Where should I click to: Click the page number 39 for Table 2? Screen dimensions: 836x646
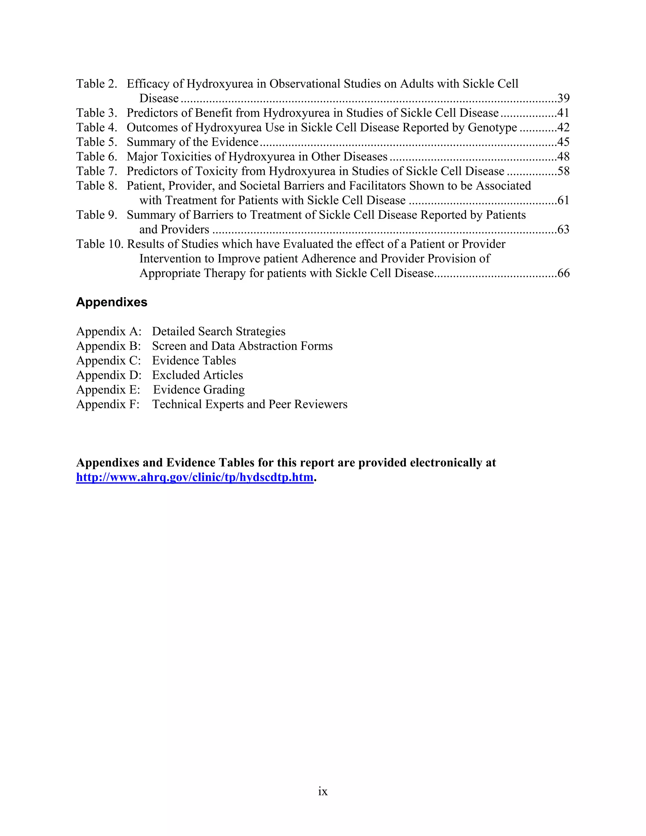(x=563, y=98)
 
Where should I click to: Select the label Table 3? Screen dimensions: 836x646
(x=97, y=113)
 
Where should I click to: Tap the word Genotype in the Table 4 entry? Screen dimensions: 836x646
(x=492, y=127)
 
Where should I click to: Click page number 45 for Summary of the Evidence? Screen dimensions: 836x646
(x=563, y=142)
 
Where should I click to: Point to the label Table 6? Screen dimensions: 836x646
(x=97, y=156)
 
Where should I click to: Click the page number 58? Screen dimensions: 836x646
(x=563, y=171)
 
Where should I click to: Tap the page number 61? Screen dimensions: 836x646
(x=563, y=200)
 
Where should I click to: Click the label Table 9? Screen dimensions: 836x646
(x=97, y=215)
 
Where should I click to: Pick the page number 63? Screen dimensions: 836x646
(x=563, y=229)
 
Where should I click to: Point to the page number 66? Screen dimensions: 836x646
(x=563, y=273)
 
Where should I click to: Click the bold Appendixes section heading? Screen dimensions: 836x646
(x=111, y=302)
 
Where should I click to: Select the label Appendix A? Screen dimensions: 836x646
(x=109, y=331)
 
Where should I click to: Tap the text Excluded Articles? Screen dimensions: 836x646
(x=197, y=375)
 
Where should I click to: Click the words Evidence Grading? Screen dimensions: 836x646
(x=199, y=389)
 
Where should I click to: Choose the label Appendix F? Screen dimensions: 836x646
(x=108, y=404)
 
